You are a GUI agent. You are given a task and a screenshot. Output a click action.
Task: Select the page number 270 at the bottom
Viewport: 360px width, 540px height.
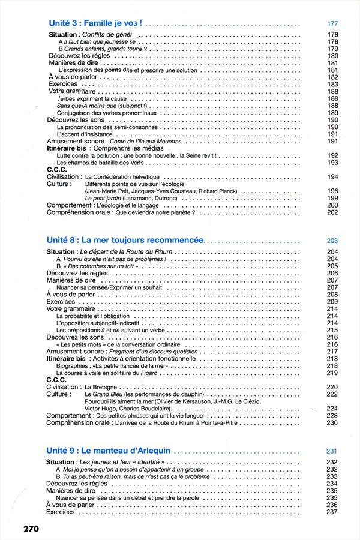click(x=32, y=529)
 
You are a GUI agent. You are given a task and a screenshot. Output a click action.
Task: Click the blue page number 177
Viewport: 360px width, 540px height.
click(x=334, y=23)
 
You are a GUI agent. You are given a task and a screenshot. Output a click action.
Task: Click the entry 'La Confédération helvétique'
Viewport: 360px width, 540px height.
click(x=123, y=177)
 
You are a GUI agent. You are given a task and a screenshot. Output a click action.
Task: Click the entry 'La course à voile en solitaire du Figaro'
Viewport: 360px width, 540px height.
click(x=106, y=373)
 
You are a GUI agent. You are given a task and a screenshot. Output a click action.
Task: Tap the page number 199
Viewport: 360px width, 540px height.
click(x=333, y=198)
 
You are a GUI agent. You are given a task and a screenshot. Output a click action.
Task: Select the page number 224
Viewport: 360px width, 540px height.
click(x=333, y=408)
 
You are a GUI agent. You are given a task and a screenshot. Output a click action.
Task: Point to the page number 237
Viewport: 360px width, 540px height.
click(x=333, y=512)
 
